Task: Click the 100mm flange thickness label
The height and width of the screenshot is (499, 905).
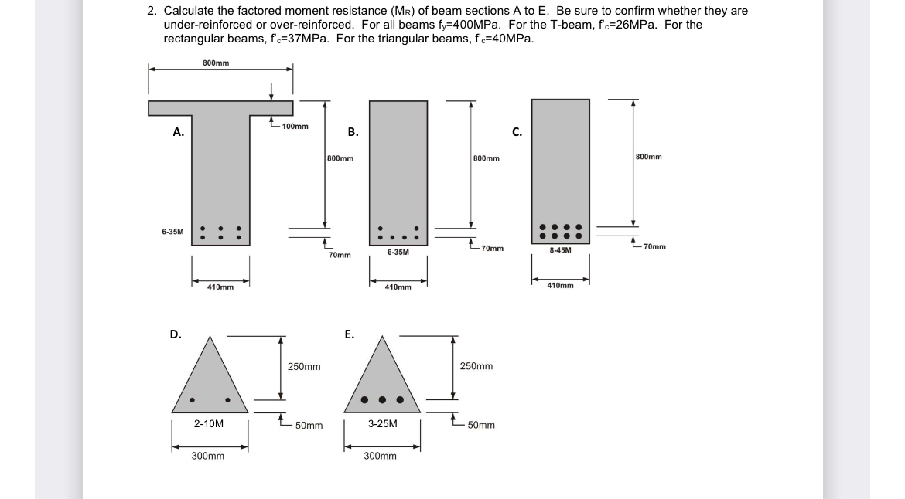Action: click(295, 126)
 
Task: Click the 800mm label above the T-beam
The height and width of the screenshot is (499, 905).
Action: click(215, 63)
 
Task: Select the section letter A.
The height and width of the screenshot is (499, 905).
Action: click(178, 132)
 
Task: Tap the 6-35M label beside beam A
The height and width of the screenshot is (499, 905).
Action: click(172, 231)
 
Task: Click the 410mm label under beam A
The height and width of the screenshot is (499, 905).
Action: click(220, 287)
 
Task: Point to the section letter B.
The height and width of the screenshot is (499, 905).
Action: click(353, 132)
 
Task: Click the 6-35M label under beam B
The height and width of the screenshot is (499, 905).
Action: click(398, 253)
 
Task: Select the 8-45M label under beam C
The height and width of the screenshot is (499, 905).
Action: click(560, 250)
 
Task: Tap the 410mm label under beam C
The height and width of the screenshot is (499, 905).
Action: click(560, 286)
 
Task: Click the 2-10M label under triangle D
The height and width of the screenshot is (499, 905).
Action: click(209, 423)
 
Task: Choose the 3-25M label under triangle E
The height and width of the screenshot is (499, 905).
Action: click(382, 423)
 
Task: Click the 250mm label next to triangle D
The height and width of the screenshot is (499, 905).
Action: click(304, 366)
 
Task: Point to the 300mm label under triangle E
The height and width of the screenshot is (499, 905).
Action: click(380, 456)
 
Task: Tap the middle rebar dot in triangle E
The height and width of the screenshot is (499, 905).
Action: click(383, 400)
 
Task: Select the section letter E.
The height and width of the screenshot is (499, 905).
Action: click(350, 334)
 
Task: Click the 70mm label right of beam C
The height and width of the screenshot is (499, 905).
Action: click(654, 247)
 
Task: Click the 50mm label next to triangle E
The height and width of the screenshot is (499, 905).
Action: click(481, 425)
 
